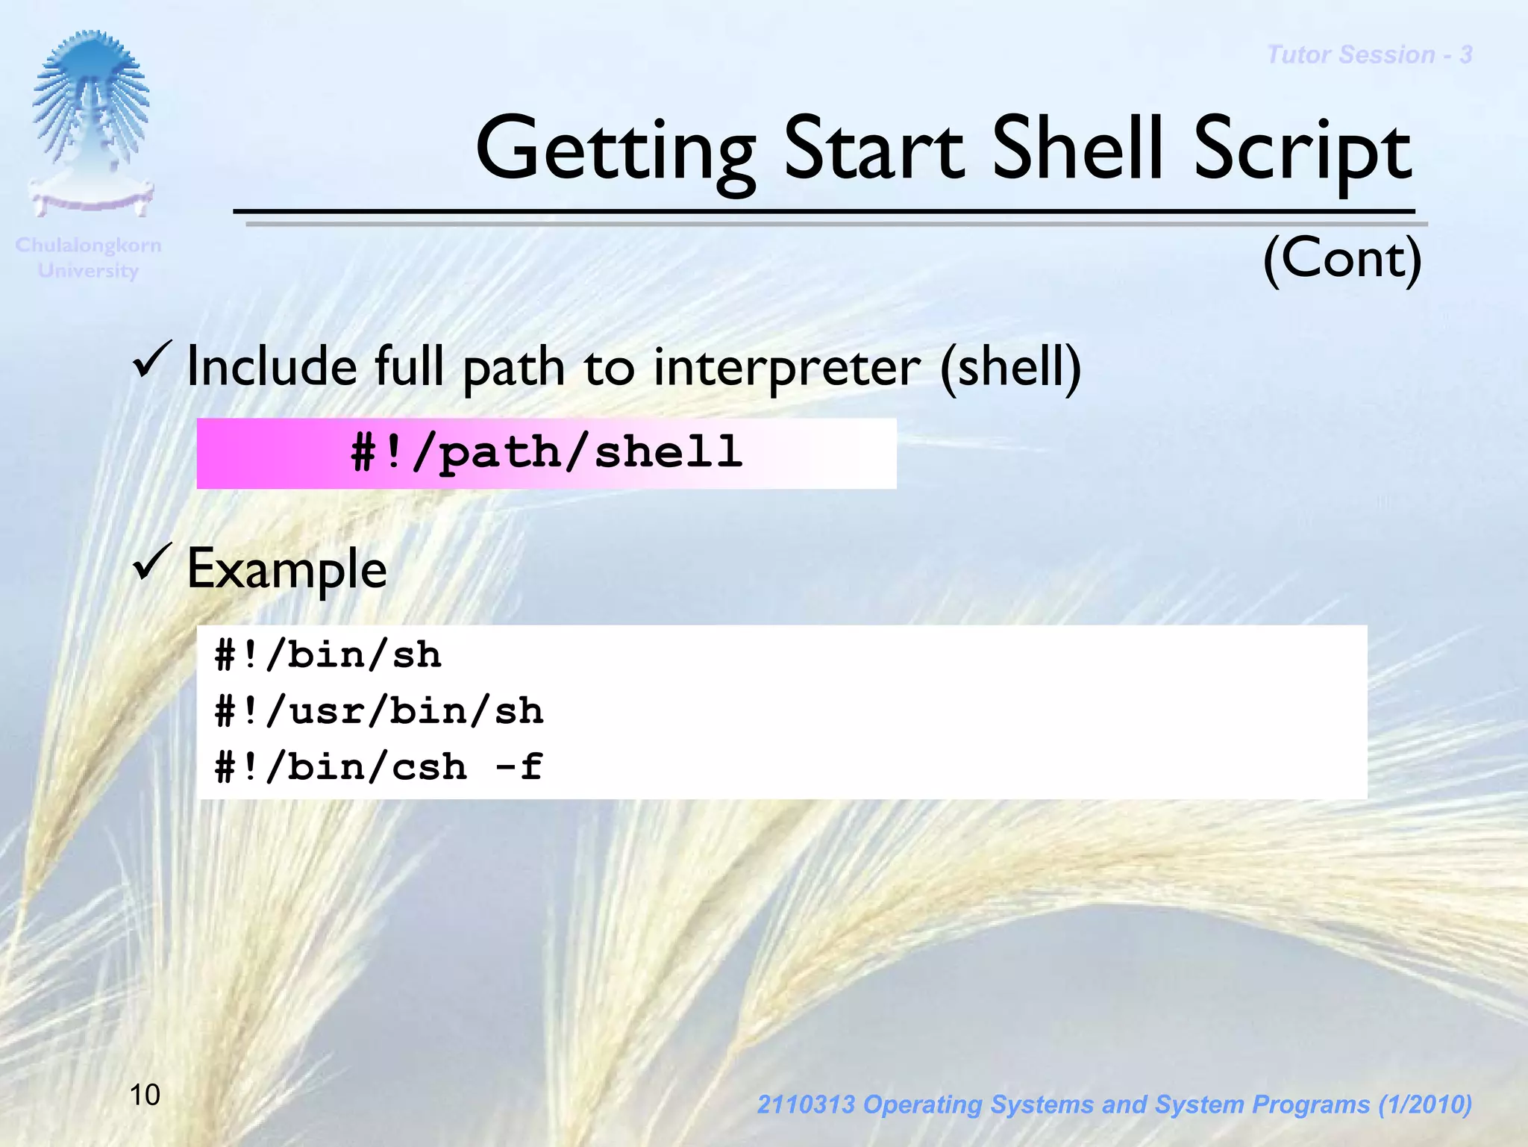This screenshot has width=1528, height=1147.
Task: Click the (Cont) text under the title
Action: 1342,258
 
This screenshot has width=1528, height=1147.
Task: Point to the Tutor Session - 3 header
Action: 1369,55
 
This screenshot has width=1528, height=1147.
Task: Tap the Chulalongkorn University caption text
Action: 88,257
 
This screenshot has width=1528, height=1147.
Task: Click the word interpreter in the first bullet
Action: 787,368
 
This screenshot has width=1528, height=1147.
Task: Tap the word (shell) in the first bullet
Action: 1010,368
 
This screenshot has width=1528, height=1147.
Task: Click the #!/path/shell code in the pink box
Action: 546,453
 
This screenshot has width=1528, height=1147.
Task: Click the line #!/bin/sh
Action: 328,655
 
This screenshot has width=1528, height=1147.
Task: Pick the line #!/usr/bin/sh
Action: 379,711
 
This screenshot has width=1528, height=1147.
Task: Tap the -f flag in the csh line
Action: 519,767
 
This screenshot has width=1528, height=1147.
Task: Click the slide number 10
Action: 145,1096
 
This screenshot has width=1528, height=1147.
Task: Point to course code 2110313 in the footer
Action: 805,1104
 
